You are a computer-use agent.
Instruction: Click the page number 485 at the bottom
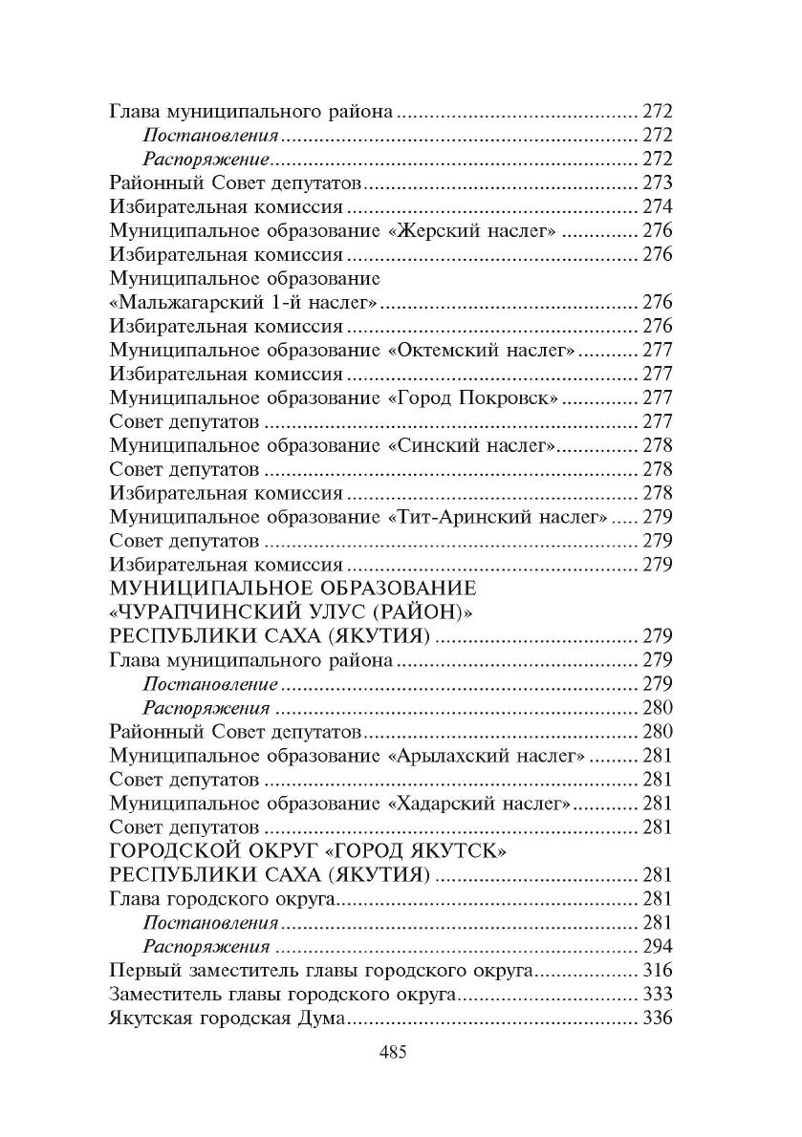[394, 1053]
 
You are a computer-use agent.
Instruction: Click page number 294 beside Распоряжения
[658, 947]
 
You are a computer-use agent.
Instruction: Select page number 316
[658, 971]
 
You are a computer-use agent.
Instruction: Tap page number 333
[658, 995]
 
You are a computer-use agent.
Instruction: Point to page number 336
[658, 1019]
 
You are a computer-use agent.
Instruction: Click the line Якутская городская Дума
[227, 1019]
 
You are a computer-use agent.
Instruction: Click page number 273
[658, 182]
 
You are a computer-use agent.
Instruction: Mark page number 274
[658, 206]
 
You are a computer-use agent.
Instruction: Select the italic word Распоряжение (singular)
[206, 159]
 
